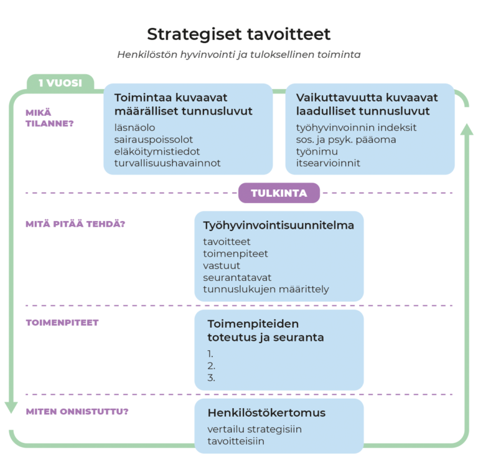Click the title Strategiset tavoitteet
(x=238, y=34)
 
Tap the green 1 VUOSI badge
(x=60, y=83)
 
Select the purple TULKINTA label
(x=279, y=193)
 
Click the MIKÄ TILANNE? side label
(x=49, y=118)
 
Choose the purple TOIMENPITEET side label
(x=62, y=323)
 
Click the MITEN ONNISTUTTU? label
(x=77, y=412)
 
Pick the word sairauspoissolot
(x=154, y=140)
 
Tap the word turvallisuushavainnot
(x=167, y=163)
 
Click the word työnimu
(x=317, y=151)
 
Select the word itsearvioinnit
(x=328, y=163)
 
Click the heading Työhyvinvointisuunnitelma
(x=278, y=226)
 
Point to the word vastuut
(x=222, y=265)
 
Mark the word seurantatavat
(x=237, y=277)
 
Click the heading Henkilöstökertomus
(x=266, y=413)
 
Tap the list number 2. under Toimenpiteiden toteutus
(x=212, y=366)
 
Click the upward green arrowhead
(x=466, y=130)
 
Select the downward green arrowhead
(x=11, y=407)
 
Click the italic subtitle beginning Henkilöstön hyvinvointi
(x=238, y=55)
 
